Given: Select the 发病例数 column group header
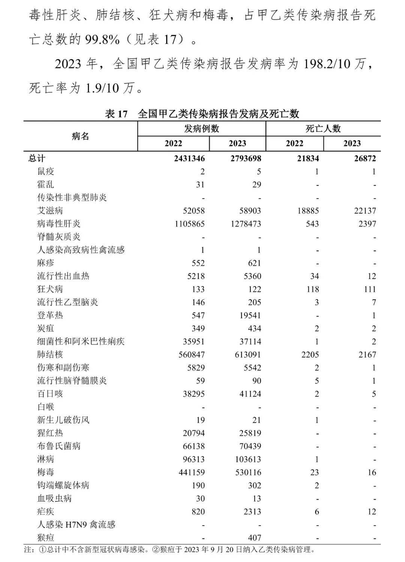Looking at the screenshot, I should [201, 129].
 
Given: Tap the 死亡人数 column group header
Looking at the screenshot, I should [323, 129].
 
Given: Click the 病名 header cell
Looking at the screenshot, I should [80, 136].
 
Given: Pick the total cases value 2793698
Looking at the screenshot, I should [246, 159].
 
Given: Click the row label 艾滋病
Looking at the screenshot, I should [50, 211].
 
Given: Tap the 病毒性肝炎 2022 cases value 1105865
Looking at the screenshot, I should [189, 224].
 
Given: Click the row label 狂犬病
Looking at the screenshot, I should [50, 289].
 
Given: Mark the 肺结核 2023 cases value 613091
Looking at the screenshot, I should [246, 355].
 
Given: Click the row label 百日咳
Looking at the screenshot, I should [50, 394].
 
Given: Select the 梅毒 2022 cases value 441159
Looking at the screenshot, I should [189, 472].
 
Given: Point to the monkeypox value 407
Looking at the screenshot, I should [254, 538].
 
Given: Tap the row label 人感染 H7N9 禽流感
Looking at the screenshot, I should [76, 525].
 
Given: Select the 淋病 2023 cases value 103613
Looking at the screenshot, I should [246, 459].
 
